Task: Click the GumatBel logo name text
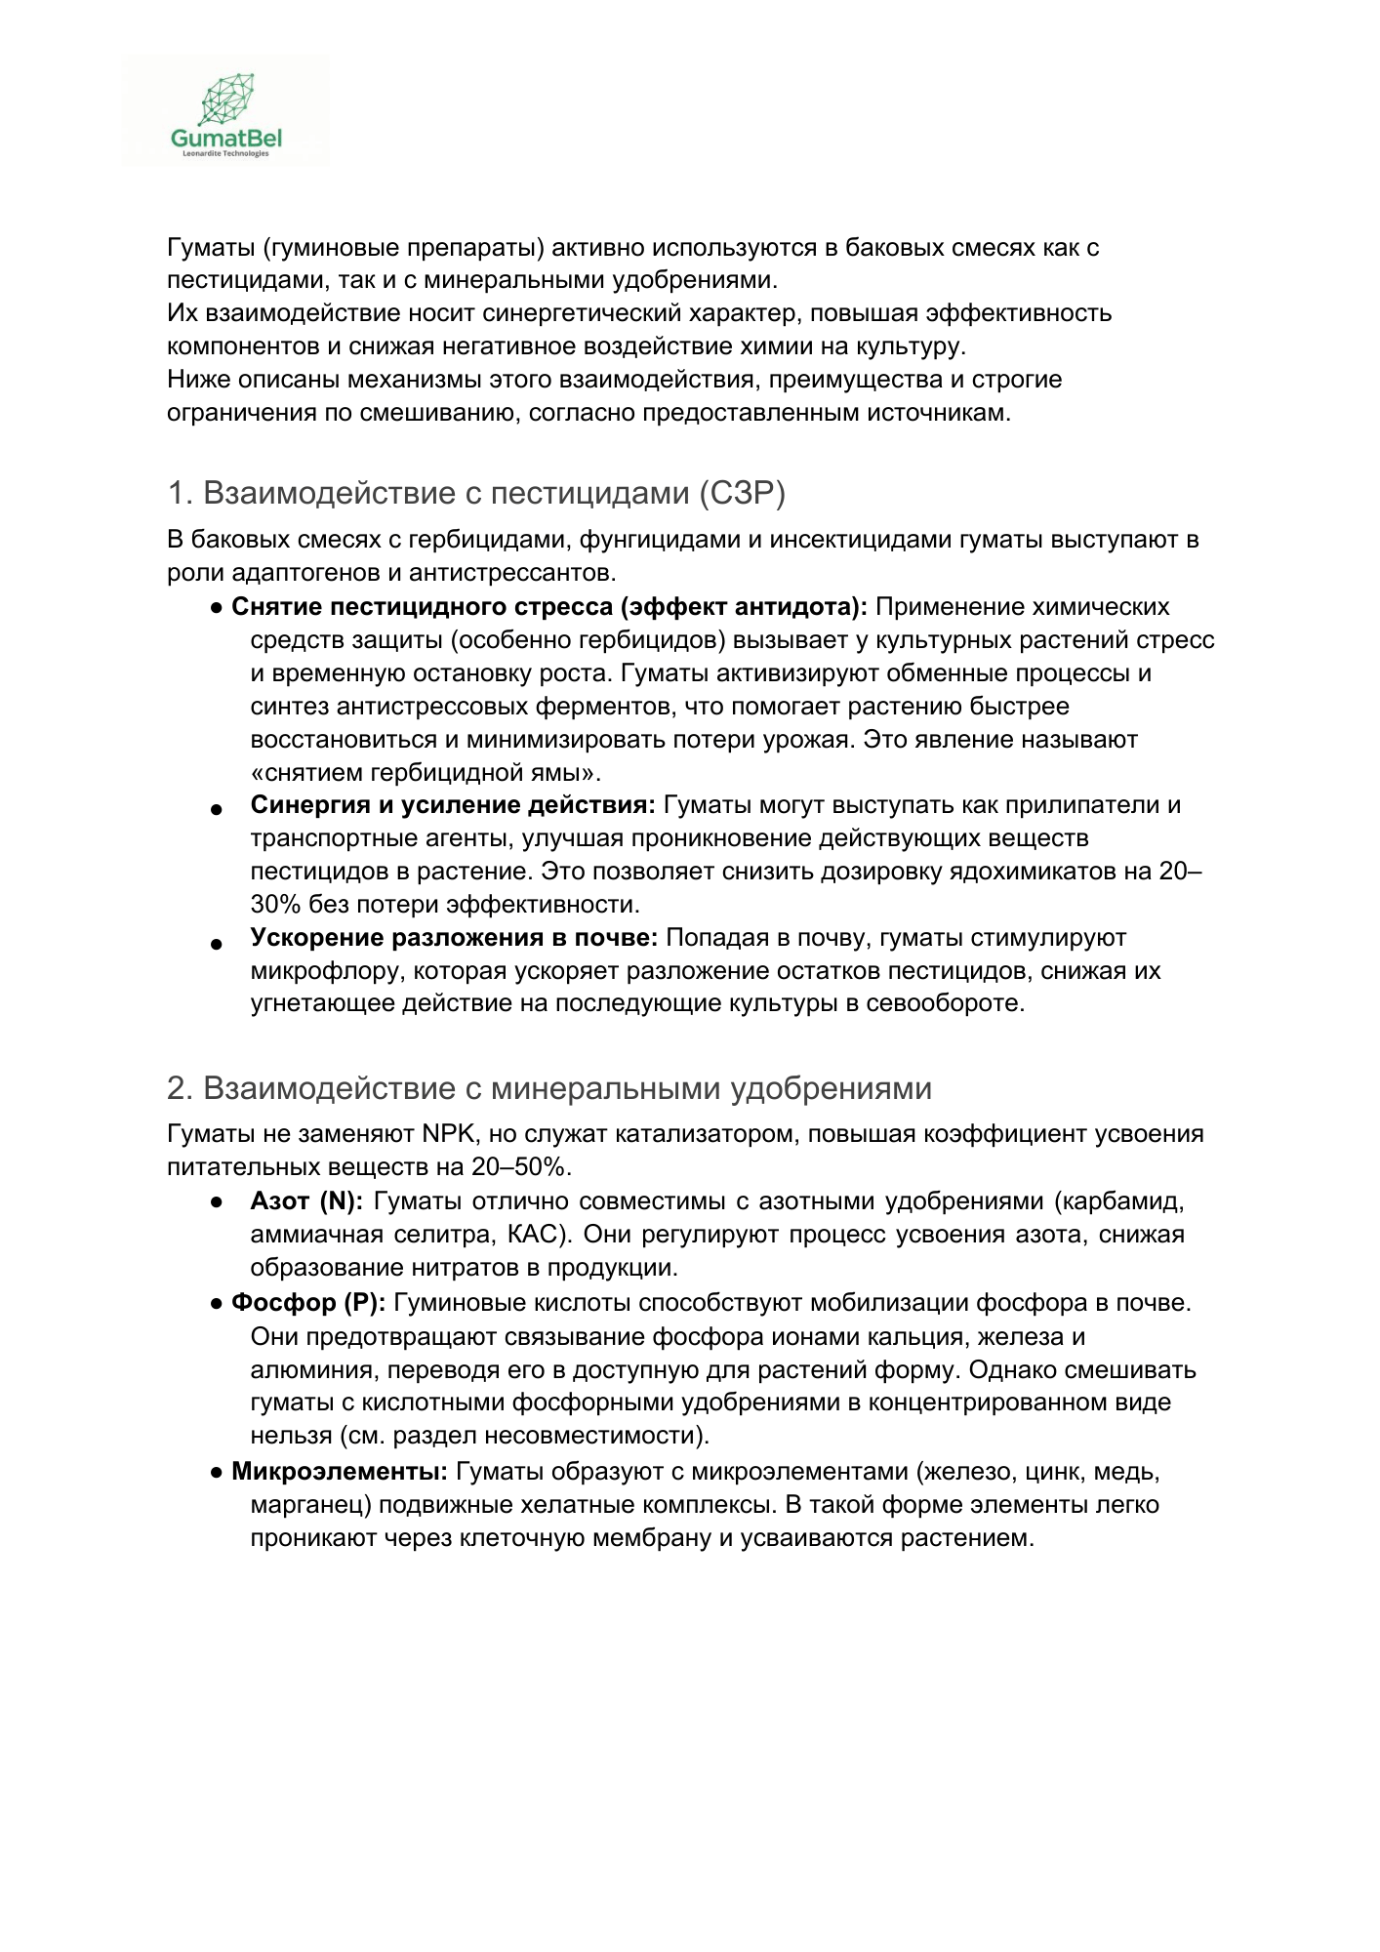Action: (x=225, y=140)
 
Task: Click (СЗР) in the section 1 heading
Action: (x=742, y=494)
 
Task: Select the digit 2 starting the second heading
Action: (x=176, y=1088)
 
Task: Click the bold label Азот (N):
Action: (x=305, y=1201)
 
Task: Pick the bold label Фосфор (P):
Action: (x=308, y=1303)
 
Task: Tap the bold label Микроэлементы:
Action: (x=340, y=1471)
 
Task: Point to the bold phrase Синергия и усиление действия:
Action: (x=453, y=805)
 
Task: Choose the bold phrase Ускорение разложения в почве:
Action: (x=454, y=938)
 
